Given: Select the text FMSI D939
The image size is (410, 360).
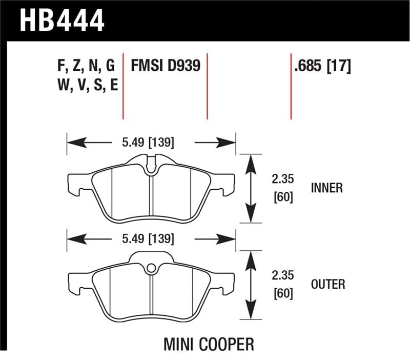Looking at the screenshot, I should (165, 66).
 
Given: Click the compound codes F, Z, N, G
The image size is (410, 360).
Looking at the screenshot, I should (87, 66).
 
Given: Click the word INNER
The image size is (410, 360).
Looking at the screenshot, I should (326, 188).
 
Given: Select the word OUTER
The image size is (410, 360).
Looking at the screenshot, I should (327, 284).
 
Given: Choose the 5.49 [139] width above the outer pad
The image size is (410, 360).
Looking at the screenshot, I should (148, 238).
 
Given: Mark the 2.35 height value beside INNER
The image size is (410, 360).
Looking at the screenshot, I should (282, 179).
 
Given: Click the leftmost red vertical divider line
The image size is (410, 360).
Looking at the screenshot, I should (123, 85).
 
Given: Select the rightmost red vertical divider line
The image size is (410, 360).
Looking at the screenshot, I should (291, 85).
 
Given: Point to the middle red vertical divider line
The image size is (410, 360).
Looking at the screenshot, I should (207, 85).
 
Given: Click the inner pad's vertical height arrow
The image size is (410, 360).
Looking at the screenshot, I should (251, 188).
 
